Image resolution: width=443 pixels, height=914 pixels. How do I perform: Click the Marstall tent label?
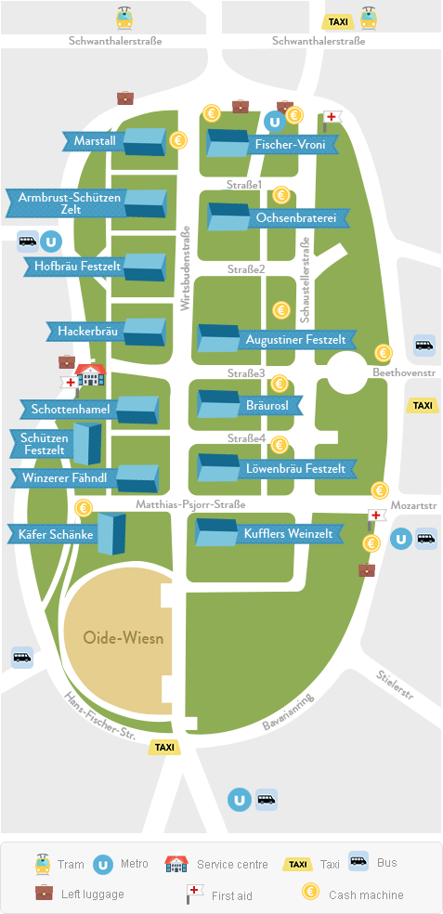click(x=93, y=141)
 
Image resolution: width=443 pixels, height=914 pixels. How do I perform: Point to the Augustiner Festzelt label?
click(x=293, y=340)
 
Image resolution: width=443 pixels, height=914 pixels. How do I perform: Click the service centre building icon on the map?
click(x=91, y=375)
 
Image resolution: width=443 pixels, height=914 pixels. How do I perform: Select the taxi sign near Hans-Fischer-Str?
click(x=164, y=747)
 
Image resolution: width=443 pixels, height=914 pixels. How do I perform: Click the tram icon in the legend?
click(x=41, y=863)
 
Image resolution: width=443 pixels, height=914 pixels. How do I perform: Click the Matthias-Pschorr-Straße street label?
click(x=190, y=504)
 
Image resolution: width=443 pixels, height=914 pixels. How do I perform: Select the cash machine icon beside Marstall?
click(x=179, y=140)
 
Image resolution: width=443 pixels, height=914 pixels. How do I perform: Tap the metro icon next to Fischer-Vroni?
click(x=273, y=120)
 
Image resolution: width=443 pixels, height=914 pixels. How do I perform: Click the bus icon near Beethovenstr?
click(x=423, y=345)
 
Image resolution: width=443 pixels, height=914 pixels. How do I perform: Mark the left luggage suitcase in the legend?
click(x=43, y=893)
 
